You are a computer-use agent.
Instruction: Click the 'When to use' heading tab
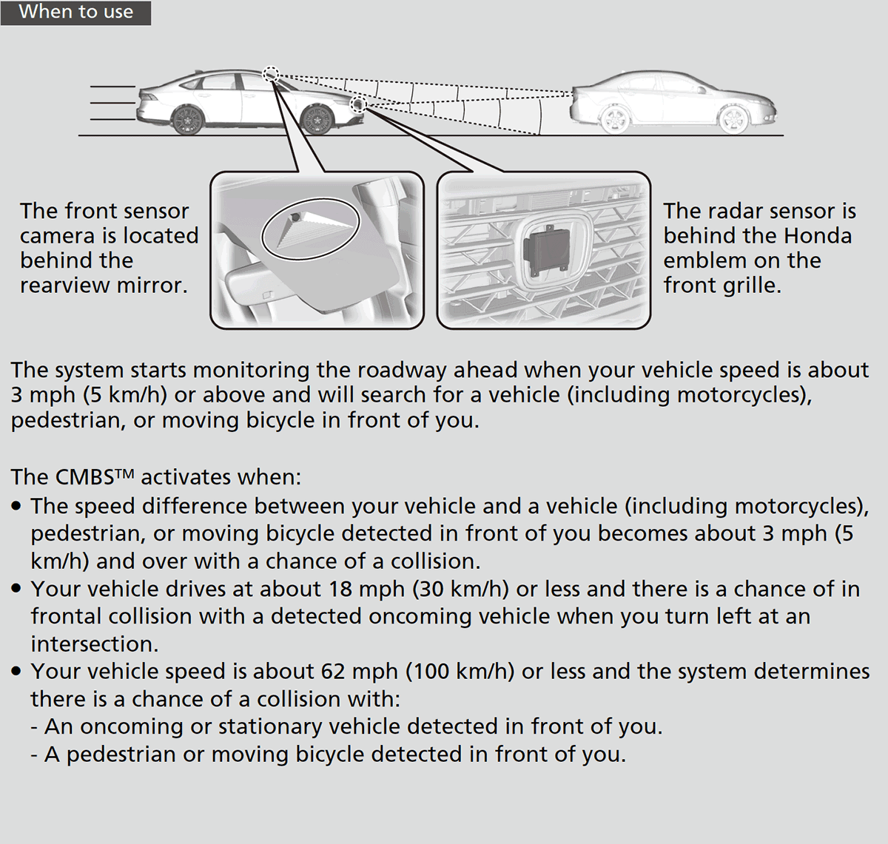[75, 13]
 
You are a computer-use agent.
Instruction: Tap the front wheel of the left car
[317, 118]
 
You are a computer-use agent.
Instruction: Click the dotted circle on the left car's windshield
[271, 73]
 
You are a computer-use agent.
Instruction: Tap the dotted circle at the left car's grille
[359, 104]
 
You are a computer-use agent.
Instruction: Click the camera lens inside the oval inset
[295, 218]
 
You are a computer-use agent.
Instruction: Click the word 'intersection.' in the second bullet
[94, 644]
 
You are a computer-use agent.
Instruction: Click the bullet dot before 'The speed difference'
[17, 507]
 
